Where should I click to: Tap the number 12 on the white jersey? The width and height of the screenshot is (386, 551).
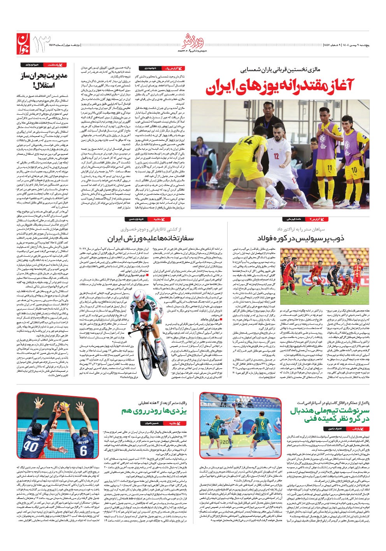pos(276,156)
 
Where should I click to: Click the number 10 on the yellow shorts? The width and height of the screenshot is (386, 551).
pos(354,170)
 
